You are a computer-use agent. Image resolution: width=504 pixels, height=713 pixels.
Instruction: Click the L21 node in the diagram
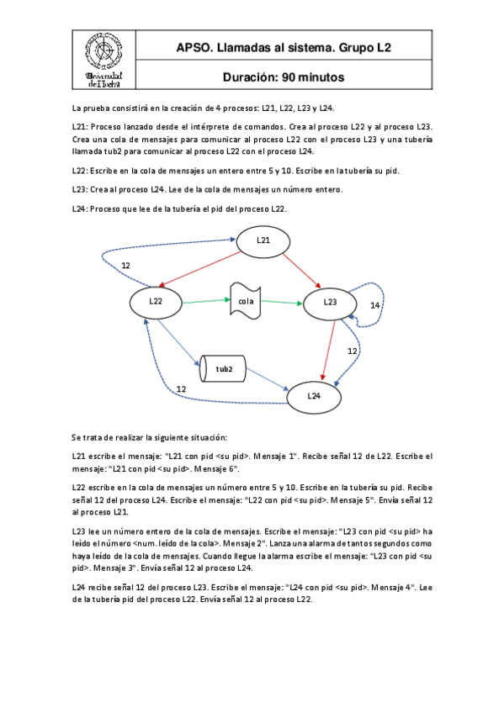coord(264,241)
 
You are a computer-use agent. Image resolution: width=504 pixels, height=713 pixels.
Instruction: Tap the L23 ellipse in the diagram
coord(331,302)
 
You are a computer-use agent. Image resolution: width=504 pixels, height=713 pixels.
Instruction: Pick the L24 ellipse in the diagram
coord(313,395)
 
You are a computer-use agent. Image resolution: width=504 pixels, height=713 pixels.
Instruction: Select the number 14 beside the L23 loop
coord(375,305)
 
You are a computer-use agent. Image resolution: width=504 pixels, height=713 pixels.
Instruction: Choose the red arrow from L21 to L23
coord(301,268)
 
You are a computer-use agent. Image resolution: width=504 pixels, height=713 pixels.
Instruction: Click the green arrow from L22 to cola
coord(205,301)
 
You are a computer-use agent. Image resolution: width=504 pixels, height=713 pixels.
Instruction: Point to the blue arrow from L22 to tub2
coord(179,341)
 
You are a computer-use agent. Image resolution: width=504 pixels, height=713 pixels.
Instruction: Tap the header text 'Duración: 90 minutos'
coord(284,77)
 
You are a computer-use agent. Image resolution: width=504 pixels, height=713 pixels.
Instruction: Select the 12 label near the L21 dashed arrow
coord(125,266)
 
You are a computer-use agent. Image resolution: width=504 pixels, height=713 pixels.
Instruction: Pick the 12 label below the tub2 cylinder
coord(181,389)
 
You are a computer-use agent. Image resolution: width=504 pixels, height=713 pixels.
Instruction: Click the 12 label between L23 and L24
coord(353,351)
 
